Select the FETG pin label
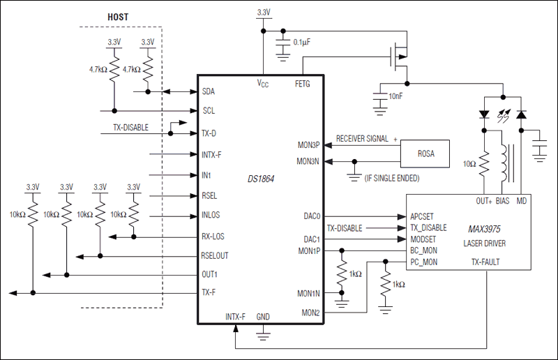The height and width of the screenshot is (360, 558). tap(303, 84)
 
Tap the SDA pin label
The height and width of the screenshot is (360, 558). tap(209, 91)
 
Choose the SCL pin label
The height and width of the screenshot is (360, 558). tap(209, 110)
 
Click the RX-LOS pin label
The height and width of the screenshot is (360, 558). tap(213, 236)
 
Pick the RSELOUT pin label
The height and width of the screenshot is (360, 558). tap(215, 255)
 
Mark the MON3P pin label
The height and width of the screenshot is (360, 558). tap(308, 145)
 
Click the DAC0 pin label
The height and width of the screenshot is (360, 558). tap(311, 216)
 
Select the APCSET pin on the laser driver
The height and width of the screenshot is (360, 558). tap(423, 216)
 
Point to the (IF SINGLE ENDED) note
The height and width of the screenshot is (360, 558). tap(392, 179)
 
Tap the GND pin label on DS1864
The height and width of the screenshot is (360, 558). tap(263, 317)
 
